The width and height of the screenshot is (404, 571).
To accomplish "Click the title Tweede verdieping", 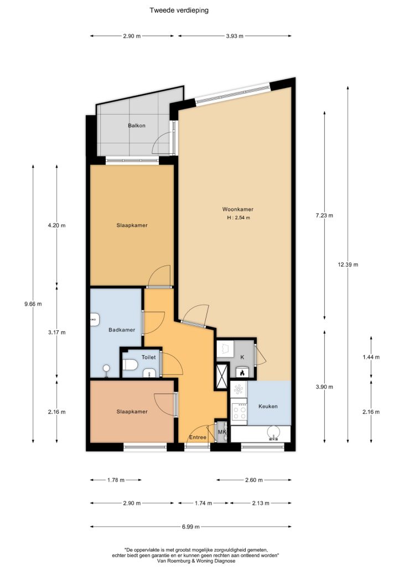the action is [x=179, y=10].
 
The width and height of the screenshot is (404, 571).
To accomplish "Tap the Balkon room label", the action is [x=137, y=126].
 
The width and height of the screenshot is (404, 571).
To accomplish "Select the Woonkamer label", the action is [x=238, y=209].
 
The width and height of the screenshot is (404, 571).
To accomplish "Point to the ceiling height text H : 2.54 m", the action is [x=239, y=218].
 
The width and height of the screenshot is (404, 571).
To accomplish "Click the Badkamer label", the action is [x=122, y=330].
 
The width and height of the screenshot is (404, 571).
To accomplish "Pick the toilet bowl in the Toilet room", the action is [x=130, y=365].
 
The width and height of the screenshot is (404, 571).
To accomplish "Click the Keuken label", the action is [x=268, y=407].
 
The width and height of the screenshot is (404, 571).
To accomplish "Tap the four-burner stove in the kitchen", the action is [x=239, y=412].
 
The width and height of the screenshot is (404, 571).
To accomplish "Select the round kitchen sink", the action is [x=273, y=433].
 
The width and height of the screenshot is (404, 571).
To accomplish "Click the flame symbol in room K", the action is [x=241, y=372].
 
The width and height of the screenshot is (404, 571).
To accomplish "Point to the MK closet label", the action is [x=222, y=432].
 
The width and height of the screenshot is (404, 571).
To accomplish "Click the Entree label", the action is [x=198, y=437].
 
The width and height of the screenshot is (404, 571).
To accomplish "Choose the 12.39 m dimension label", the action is [x=348, y=264].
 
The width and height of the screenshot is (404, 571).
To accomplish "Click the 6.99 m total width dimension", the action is [x=191, y=527].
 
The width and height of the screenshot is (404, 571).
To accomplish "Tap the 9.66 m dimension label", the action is [x=33, y=304].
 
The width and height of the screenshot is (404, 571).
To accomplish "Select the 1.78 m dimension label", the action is [x=116, y=480].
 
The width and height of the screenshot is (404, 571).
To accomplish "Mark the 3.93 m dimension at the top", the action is [x=235, y=36].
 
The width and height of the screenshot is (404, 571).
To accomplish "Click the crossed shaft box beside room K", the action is [x=222, y=376].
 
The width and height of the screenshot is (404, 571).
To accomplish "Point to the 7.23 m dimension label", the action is [x=324, y=216].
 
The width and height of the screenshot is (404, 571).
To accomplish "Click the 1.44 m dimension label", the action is [x=371, y=357].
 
